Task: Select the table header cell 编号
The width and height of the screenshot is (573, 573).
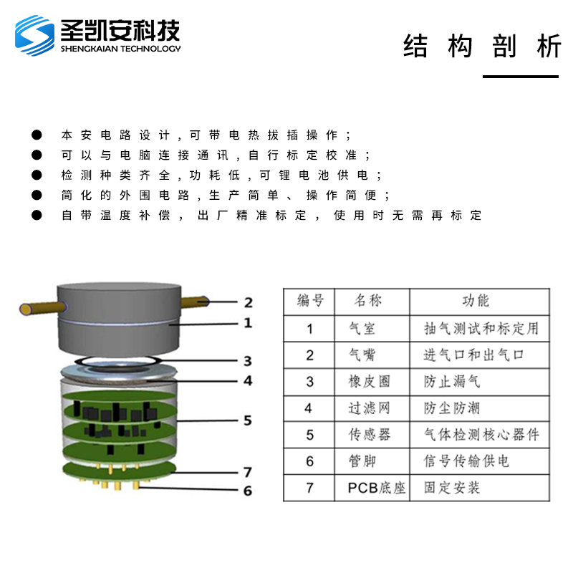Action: point(310,301)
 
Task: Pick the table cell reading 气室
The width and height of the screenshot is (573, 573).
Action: point(362,329)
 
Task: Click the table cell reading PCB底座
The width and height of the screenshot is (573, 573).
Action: point(377,488)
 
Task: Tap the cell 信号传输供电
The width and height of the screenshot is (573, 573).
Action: point(466,461)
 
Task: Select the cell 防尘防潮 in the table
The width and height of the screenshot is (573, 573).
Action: point(452,408)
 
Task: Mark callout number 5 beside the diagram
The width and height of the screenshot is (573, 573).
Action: point(248,420)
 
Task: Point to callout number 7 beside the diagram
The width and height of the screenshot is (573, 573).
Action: point(248,472)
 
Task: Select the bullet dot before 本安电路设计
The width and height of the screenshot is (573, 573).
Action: point(37,135)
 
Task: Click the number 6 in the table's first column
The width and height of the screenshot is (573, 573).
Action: point(310,461)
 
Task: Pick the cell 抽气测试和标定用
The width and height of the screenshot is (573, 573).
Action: point(481,329)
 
